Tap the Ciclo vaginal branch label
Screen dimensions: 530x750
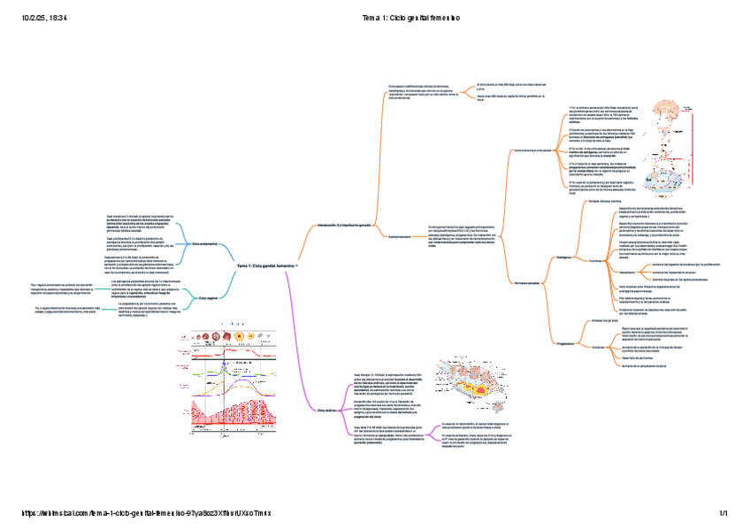click(207, 298)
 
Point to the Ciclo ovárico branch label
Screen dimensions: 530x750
click(327, 411)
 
